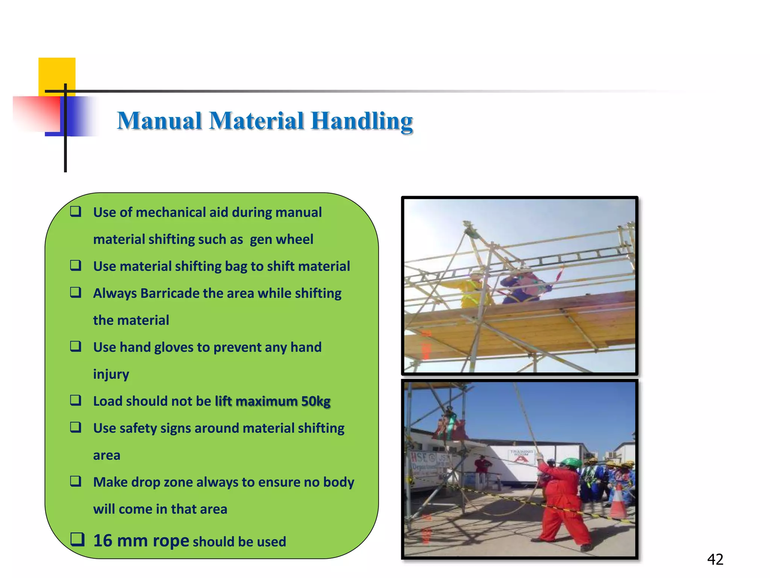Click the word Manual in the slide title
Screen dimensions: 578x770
tap(159, 121)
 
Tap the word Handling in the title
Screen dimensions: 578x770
tap(362, 121)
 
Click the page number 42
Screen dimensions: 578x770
tap(715, 560)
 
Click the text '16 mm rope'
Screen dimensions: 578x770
tap(141, 540)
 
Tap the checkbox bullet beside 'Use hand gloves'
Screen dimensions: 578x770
tap(76, 346)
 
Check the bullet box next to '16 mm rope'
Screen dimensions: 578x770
tap(77, 539)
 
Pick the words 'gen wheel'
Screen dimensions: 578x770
tap(281, 239)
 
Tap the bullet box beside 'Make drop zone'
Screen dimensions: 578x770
tap(76, 481)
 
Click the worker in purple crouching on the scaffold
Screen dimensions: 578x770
tap(524, 286)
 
